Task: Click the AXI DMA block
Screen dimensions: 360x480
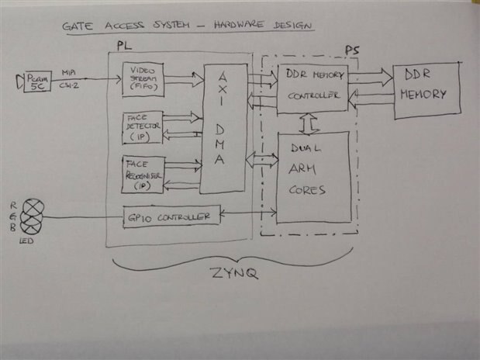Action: pyautogui.click(x=223, y=127)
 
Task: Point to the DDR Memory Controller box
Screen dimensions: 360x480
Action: pyautogui.click(x=312, y=85)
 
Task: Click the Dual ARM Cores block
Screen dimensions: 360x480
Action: pyautogui.click(x=313, y=177)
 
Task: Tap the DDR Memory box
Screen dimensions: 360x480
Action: pyautogui.click(x=425, y=90)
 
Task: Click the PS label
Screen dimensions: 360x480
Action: pyautogui.click(x=351, y=51)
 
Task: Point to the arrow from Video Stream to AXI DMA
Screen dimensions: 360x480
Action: pyautogui.click(x=184, y=79)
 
